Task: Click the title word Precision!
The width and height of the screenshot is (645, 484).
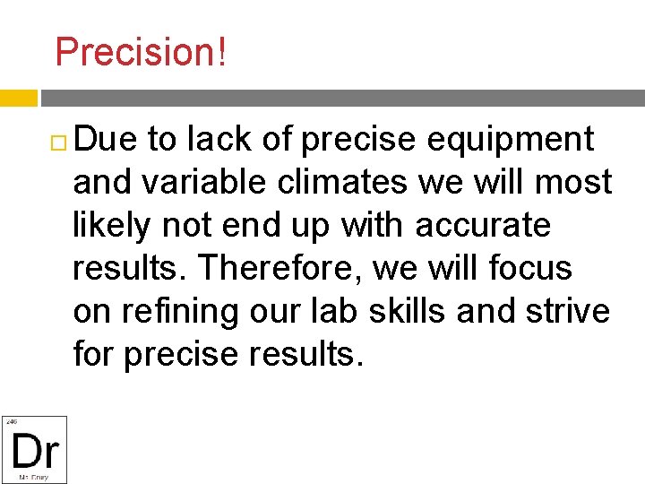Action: pyautogui.click(x=141, y=52)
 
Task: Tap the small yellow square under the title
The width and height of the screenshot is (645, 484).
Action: pyautogui.click(x=18, y=98)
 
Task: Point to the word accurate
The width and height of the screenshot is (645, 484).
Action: pyautogui.click(x=483, y=225)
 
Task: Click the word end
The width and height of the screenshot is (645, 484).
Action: pyautogui.click(x=244, y=225)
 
